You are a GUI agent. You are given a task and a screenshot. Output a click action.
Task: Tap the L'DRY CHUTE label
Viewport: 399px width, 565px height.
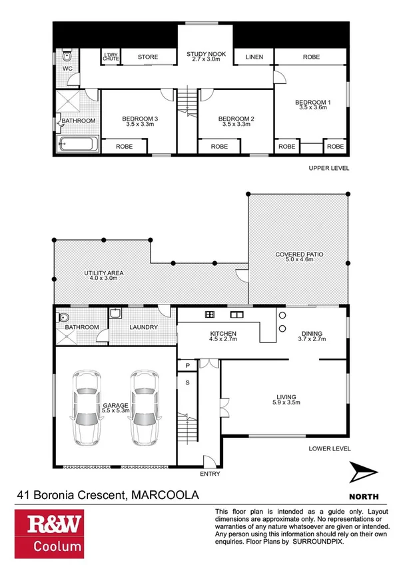coord(110,57)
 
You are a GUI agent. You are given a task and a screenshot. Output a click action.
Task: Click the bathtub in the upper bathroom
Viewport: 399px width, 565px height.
coord(77,145)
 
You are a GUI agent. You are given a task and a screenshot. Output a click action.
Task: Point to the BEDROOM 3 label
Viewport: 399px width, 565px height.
coord(139,119)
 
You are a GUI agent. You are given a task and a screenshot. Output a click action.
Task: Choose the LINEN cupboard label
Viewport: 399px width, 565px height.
coord(254,57)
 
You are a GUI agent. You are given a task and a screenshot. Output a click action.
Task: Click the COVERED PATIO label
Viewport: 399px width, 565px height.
coord(298,255)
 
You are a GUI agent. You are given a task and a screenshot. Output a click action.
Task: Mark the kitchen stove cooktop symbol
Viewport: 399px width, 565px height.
coord(209,314)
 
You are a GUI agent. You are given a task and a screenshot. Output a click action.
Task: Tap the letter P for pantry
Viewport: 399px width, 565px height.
coord(187,366)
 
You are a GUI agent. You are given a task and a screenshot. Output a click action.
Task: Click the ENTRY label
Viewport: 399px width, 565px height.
coord(208,475)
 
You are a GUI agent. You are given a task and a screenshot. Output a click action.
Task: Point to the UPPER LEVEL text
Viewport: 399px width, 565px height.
coord(328,168)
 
